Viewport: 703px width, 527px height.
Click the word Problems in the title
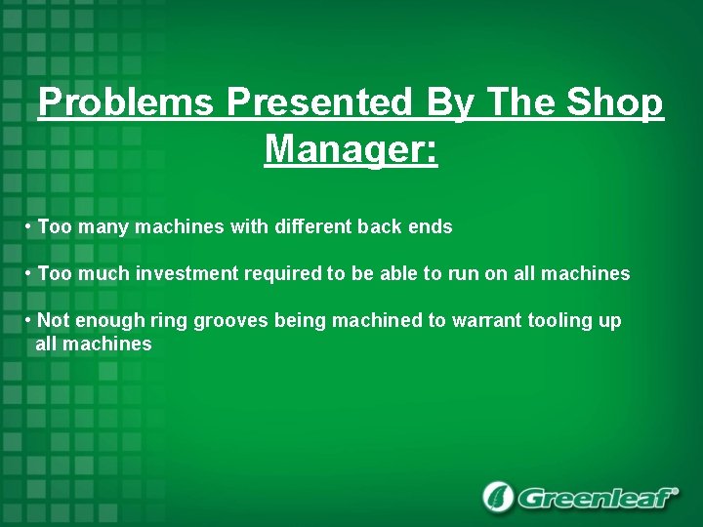coord(128,102)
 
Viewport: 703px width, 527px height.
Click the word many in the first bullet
coord(101,227)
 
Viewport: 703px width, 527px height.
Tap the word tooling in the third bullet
coord(560,321)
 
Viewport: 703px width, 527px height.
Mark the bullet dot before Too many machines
coord(29,227)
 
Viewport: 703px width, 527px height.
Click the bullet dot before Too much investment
coord(29,274)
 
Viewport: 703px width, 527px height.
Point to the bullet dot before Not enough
coord(29,321)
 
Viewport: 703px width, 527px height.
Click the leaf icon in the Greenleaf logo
coord(498,497)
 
